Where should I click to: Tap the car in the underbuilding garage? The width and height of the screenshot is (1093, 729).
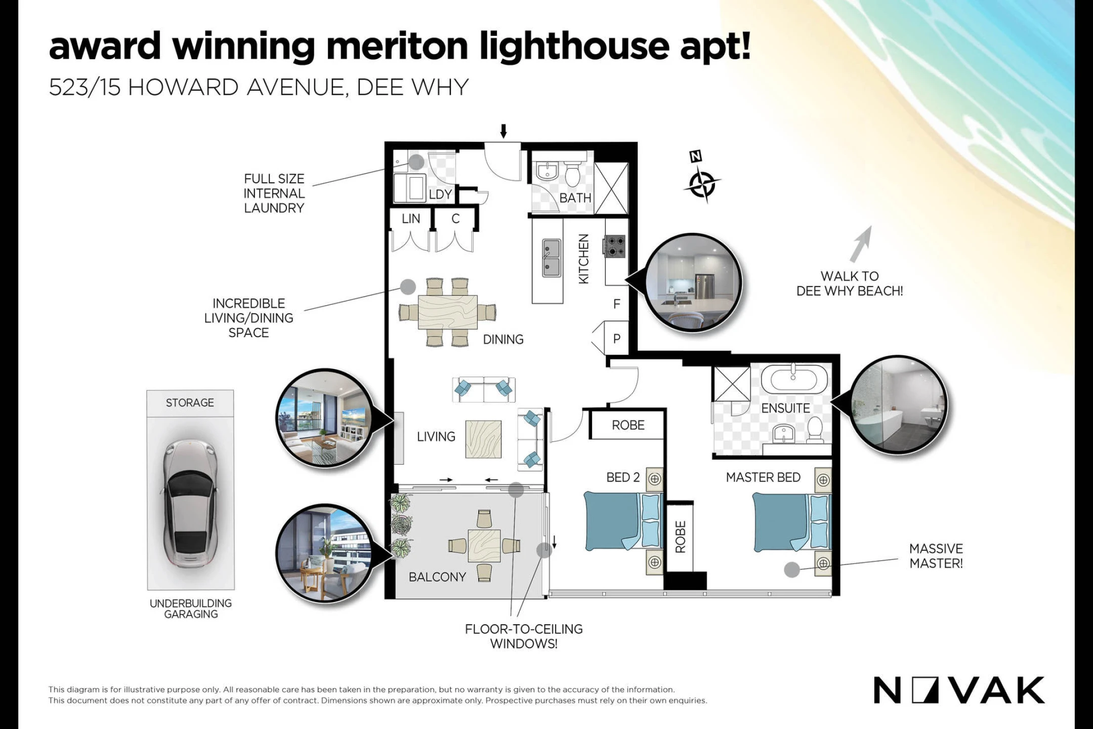tap(190, 502)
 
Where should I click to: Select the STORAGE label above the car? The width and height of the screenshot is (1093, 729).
tap(190, 402)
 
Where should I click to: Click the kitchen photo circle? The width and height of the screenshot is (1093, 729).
tap(693, 282)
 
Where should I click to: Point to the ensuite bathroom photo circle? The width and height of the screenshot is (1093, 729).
tap(898, 404)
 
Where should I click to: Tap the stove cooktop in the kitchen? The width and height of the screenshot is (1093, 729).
tap(615, 246)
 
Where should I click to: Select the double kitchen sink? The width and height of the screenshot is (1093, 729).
tap(552, 258)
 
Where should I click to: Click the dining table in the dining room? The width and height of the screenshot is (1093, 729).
tap(448, 312)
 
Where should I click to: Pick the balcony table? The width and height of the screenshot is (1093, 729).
tap(484, 546)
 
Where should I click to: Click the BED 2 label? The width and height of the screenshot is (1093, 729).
tap(623, 477)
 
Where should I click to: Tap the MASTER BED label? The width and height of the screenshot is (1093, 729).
tap(763, 477)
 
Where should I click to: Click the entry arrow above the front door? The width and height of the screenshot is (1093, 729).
tap(503, 131)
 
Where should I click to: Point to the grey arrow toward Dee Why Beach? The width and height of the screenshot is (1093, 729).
tap(861, 244)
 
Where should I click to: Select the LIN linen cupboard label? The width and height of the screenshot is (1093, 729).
tap(411, 218)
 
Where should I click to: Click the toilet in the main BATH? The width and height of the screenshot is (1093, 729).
tap(572, 174)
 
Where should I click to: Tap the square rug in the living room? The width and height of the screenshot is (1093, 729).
tap(484, 439)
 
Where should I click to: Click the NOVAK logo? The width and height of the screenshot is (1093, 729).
tap(958, 690)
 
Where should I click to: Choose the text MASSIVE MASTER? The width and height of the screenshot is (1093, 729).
tap(936, 556)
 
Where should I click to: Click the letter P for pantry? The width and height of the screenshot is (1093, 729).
tap(617, 339)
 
